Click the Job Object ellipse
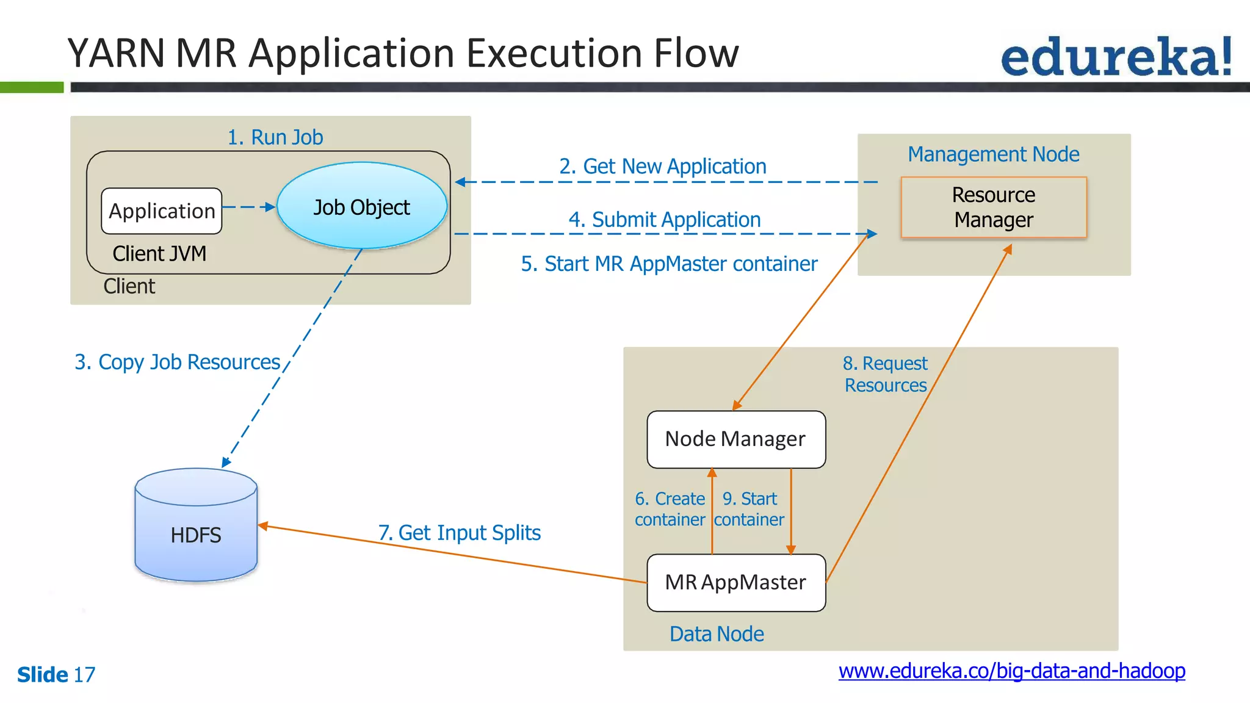click(x=362, y=206)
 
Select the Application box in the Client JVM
click(x=162, y=211)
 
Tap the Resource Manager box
click(x=994, y=207)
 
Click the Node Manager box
click(x=736, y=439)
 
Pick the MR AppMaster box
click(x=736, y=583)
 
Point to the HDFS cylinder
click(x=196, y=525)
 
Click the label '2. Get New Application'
click(x=662, y=166)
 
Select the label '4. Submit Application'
click(x=665, y=219)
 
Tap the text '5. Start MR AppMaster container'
click(x=669, y=264)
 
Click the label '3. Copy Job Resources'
click(x=177, y=362)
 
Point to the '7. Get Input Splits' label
click(x=460, y=533)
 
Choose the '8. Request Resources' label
click(x=885, y=374)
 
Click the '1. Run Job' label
click(x=275, y=137)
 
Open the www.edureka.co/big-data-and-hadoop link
click(x=1012, y=671)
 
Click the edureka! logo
click(x=1116, y=57)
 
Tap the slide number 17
click(x=84, y=675)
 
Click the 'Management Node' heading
click(x=994, y=154)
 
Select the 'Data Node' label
click(x=717, y=634)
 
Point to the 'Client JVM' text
click(x=159, y=254)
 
